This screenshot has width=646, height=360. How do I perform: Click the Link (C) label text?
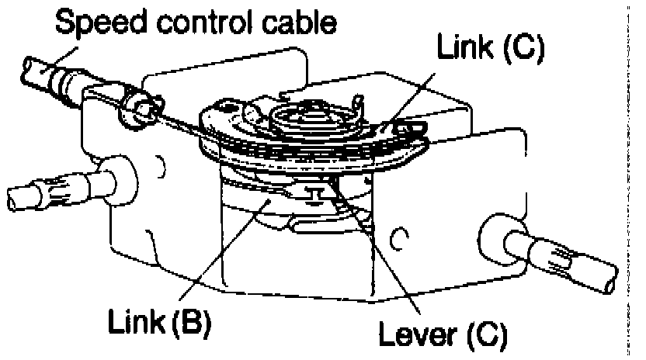[491, 53]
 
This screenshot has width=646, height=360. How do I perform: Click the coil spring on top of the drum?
[311, 121]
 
